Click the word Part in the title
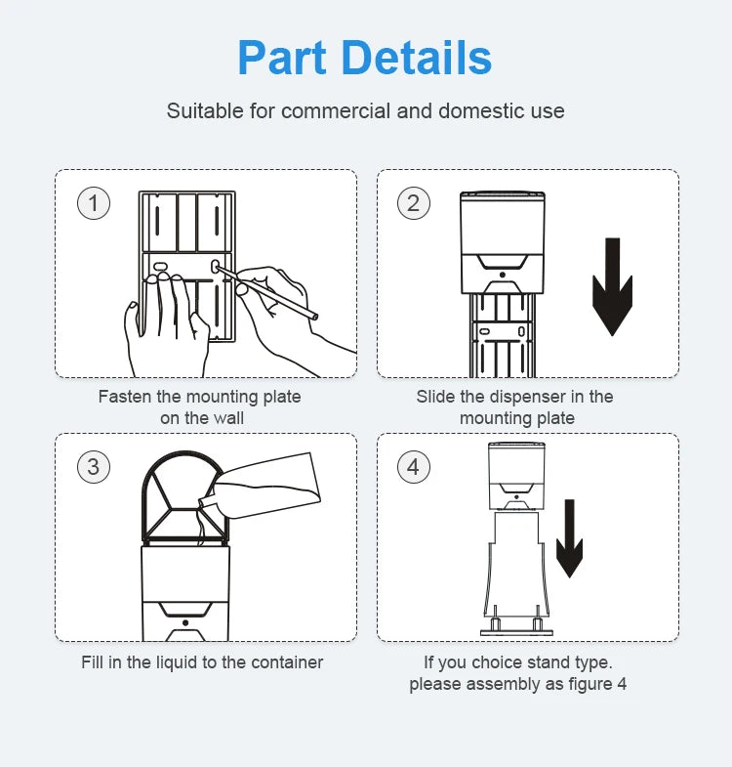(286, 58)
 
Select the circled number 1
(94, 203)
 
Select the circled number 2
(413, 203)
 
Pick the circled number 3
(94, 466)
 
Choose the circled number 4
(413, 466)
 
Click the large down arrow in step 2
(612, 286)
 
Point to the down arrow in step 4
(569, 538)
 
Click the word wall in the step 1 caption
(227, 418)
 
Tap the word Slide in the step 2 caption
(436, 397)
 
